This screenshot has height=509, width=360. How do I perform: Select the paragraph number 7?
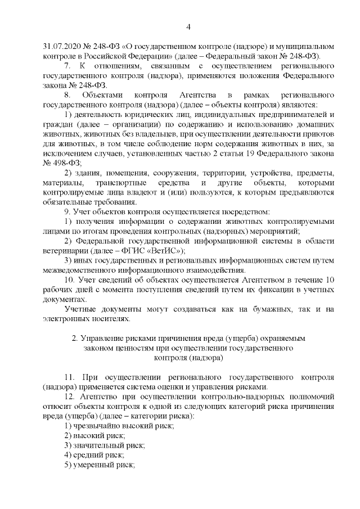(x=67, y=66)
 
